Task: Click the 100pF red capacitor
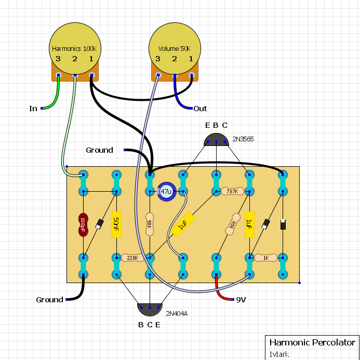click(x=83, y=225)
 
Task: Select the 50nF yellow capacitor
click(x=116, y=224)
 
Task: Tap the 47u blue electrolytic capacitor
click(x=167, y=192)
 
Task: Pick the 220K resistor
click(x=132, y=258)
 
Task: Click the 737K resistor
click(x=232, y=191)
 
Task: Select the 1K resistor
click(x=266, y=258)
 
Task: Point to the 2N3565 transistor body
click(x=216, y=140)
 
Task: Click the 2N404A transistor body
click(x=150, y=309)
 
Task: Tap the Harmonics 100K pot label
click(x=74, y=49)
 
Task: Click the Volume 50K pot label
click(x=175, y=49)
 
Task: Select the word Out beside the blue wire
click(x=200, y=109)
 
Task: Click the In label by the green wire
click(x=33, y=109)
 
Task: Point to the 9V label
click(x=241, y=300)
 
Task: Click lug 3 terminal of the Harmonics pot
click(x=58, y=75)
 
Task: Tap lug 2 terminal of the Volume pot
click(x=175, y=75)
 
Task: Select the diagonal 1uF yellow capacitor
click(x=183, y=224)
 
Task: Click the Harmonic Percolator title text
click(x=312, y=342)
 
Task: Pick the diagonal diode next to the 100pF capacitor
click(x=99, y=224)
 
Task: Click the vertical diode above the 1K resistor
click(x=283, y=224)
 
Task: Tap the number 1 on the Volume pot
click(x=191, y=59)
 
